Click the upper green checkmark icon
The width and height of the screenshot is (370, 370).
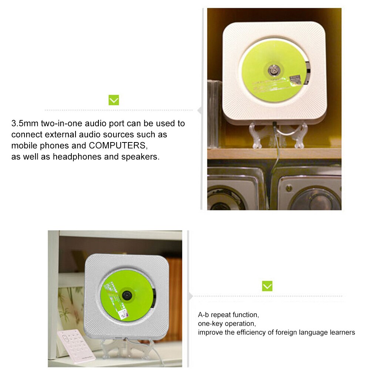(114, 100)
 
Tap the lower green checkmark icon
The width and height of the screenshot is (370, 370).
(267, 286)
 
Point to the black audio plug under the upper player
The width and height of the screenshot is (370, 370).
(275, 125)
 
